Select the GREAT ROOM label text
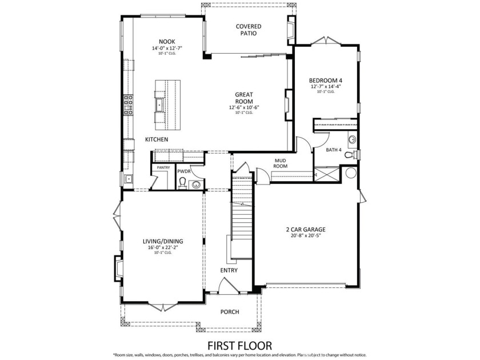244,98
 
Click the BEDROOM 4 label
326,80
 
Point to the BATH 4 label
333,150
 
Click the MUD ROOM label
280,163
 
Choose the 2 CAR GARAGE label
306,230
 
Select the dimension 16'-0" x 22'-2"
163,248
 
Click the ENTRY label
229,270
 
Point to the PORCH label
230,312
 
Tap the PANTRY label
164,168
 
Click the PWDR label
183,171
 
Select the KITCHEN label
156,139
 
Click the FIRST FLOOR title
239,345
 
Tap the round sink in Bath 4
352,139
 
